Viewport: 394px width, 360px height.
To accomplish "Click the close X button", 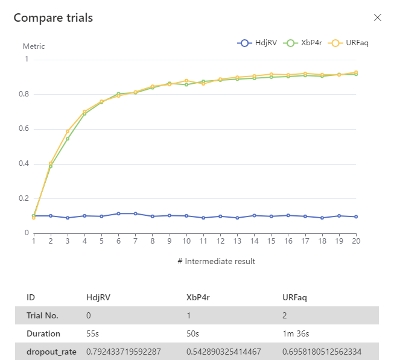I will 378,17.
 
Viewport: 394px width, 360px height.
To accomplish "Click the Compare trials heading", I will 53,17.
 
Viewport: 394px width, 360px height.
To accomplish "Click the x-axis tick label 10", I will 186,241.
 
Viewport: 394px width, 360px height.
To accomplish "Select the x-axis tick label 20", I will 356,241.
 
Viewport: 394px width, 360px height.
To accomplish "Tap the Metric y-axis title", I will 34,46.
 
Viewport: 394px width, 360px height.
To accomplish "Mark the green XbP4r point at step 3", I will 68,139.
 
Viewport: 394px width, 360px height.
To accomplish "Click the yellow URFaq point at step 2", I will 51,163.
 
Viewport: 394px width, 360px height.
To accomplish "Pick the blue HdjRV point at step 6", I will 118,213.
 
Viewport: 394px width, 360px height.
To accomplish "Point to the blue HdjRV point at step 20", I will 356,216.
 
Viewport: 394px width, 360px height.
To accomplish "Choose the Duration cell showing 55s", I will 92,333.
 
